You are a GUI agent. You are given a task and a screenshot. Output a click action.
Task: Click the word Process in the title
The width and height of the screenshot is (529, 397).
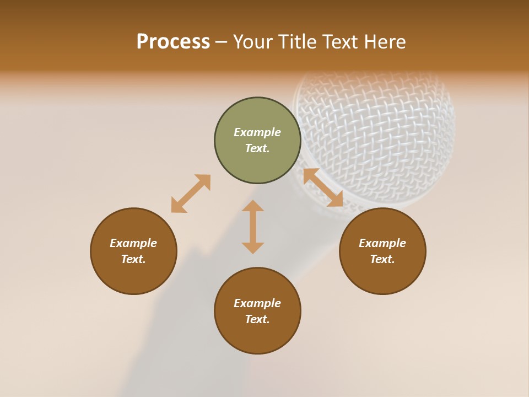pos(173,42)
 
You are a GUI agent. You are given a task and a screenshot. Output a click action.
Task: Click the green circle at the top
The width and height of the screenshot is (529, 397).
pos(257,140)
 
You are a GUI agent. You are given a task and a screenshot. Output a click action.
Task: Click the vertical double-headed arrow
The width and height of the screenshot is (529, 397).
pos(253,227)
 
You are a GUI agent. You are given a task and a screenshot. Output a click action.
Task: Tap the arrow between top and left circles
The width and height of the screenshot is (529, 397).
pos(191,194)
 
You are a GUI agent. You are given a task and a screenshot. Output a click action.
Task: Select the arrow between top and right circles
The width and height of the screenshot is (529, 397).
pos(323,187)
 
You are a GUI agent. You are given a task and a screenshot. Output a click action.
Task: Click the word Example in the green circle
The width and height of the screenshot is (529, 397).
pos(257,132)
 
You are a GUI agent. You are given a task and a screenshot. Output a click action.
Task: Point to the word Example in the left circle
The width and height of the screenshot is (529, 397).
pos(133,243)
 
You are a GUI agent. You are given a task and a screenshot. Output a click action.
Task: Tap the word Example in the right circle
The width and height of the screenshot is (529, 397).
pos(382,243)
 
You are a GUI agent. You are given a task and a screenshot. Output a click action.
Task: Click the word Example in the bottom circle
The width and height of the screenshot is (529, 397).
pos(257,303)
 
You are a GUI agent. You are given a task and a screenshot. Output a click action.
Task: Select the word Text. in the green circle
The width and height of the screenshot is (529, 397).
pos(257,148)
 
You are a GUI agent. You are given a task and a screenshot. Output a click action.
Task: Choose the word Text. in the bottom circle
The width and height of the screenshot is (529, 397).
pos(257,319)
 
